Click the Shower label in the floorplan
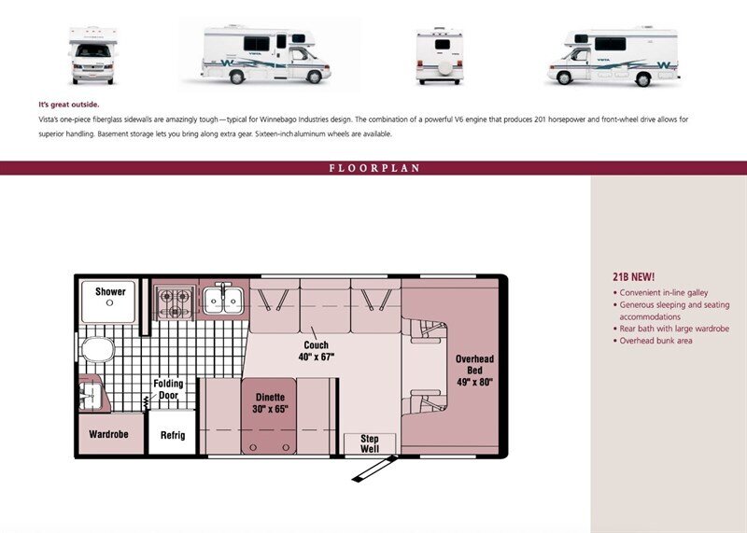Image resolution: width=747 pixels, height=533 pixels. [110, 291]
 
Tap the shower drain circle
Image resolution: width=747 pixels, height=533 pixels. [109, 303]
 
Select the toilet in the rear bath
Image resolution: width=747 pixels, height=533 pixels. [97, 350]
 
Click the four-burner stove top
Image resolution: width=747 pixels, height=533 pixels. [175, 302]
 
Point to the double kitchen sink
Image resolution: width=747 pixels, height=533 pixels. [223, 300]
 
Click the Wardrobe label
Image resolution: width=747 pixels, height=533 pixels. [108, 434]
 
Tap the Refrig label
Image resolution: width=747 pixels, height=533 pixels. [173, 435]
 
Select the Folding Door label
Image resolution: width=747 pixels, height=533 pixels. [168, 389]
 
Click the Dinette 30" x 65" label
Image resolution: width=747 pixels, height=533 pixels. [270, 403]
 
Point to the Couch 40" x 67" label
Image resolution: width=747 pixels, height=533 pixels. [317, 351]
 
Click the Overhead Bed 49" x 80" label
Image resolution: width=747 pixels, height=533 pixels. [474, 370]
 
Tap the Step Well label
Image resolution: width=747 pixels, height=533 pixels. [370, 443]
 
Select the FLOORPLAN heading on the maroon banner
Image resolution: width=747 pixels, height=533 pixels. [374, 168]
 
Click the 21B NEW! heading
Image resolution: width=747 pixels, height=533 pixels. [634, 276]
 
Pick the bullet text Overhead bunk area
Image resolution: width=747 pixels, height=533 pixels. [656, 341]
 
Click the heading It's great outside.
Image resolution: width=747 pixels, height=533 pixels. [69, 105]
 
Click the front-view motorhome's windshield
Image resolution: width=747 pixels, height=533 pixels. [92, 50]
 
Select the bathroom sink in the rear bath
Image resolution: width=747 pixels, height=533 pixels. [91, 395]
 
